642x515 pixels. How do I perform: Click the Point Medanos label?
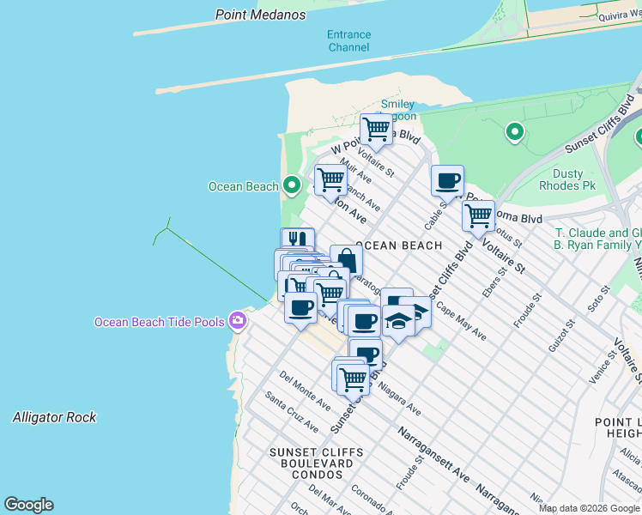pos(261,15)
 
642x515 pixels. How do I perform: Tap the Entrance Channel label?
pos(349,41)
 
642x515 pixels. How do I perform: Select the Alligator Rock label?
pos(54,417)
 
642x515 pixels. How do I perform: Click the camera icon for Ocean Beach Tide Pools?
pos(238,322)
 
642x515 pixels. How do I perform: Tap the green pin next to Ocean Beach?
pos(292,185)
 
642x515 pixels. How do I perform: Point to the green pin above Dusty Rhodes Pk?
pos(515,132)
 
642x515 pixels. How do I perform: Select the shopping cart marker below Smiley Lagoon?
pos(376,130)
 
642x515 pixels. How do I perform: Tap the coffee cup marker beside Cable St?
pos(447,181)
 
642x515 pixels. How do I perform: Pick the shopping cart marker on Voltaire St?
pos(478,215)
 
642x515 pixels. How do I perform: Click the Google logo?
pos(28,505)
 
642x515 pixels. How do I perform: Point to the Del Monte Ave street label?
pos(305,391)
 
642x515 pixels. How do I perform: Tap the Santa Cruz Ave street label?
pos(291,412)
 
